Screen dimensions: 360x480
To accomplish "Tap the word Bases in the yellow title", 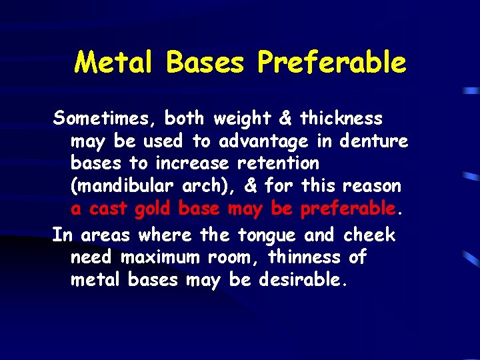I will point(206,63).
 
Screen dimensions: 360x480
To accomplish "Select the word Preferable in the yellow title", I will point(331,63).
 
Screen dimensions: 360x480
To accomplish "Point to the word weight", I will point(241,119).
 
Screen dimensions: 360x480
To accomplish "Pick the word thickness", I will point(341,119).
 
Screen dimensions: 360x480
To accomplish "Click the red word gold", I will point(153,209).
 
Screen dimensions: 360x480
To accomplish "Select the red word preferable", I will point(348,209).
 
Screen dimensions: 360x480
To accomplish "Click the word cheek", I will point(369,235).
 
